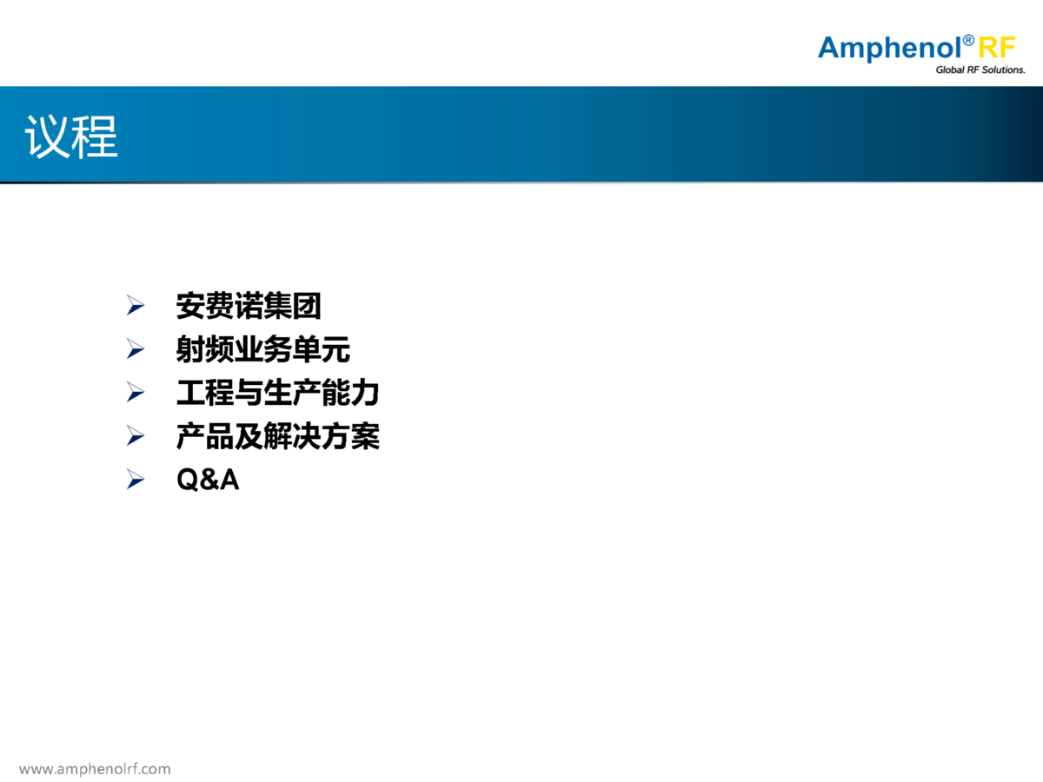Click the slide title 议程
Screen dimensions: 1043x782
coord(71,136)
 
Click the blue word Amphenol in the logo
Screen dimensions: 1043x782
coord(888,49)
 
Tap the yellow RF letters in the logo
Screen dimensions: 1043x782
coord(996,48)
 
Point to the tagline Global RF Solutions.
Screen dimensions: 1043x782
coord(980,70)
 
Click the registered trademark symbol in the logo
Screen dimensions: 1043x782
coord(968,40)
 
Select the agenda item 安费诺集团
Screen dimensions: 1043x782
coord(249,306)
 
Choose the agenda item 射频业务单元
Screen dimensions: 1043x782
coord(262,349)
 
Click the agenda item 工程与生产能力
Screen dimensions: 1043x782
coord(277,393)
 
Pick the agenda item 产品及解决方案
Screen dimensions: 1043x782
coord(277,436)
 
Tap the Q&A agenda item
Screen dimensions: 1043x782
coord(208,479)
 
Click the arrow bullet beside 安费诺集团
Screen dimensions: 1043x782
coord(136,305)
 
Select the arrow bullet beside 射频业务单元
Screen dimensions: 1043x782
coord(136,349)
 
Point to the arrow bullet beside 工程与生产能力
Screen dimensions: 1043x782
coord(136,392)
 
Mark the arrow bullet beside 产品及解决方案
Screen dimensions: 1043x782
coord(136,436)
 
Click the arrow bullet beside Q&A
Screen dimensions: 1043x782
coord(136,479)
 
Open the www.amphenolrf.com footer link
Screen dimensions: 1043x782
coord(95,769)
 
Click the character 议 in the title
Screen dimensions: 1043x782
coord(48,136)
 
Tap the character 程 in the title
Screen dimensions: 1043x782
coord(95,136)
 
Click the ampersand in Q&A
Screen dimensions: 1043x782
coord(209,479)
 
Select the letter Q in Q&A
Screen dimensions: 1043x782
coord(188,480)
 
